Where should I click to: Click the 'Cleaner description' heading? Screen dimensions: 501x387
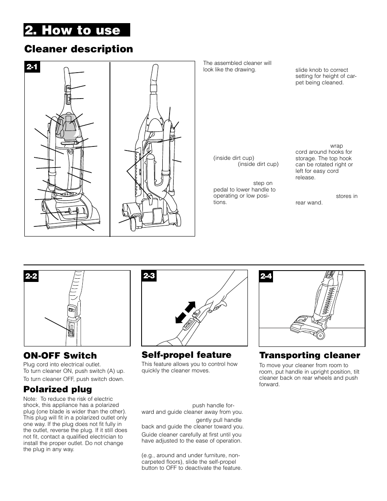pos(79,49)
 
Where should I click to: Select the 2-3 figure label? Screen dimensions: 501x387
pos(149,276)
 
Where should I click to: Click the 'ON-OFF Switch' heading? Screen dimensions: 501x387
pos(60,355)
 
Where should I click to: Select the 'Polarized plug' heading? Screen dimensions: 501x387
pos(58,389)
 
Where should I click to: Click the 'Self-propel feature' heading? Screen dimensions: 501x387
pos(186,355)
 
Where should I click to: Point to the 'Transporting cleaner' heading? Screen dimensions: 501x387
pos(310,355)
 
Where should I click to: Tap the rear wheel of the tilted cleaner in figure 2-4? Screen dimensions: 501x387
pos(320,335)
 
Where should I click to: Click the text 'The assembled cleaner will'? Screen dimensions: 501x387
pos(237,63)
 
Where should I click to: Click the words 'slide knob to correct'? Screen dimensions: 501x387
pos(321,70)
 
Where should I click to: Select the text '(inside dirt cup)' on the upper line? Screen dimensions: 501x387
pos(234,158)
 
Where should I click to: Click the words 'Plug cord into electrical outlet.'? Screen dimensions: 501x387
pos(62,364)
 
